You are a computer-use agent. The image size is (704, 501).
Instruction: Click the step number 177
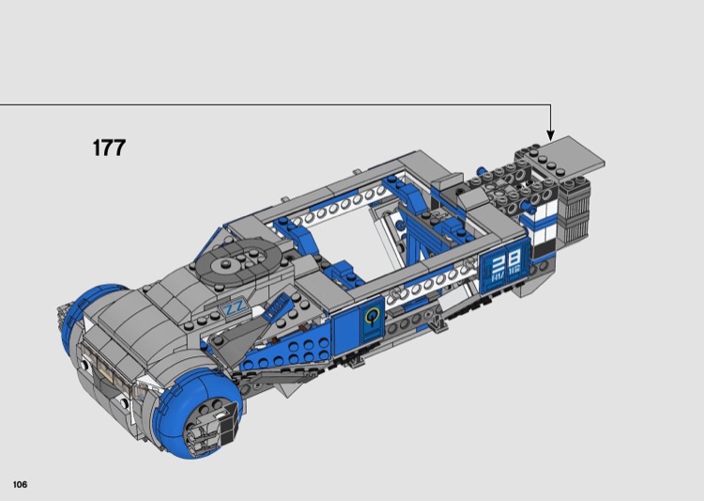click(109, 148)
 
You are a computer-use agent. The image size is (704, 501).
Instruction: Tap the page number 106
click(21, 484)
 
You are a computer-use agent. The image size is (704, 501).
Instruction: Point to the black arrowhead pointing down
click(550, 135)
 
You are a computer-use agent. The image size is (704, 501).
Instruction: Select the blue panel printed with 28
click(506, 268)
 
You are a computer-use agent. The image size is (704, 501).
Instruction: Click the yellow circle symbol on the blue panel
click(372, 317)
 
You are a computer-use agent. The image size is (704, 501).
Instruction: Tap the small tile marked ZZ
click(235, 308)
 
